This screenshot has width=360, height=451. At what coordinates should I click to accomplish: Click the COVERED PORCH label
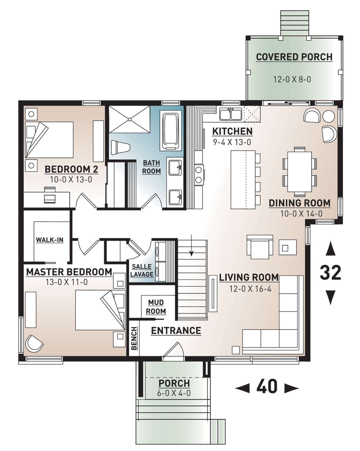pyautogui.click(x=294, y=57)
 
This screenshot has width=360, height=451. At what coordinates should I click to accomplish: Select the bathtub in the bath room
pyautogui.click(x=170, y=130)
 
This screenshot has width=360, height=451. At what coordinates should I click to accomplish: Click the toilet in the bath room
pyautogui.click(x=120, y=148)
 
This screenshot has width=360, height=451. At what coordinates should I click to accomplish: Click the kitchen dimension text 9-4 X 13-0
pyautogui.click(x=232, y=142)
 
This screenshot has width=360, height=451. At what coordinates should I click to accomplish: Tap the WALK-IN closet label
pyautogui.click(x=50, y=240)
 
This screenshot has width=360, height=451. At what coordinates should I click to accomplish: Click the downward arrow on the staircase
pyautogui.click(x=191, y=245)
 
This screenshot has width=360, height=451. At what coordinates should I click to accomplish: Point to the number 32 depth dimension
pyautogui.click(x=330, y=273)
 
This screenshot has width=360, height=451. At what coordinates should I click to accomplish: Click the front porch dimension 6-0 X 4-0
pyautogui.click(x=174, y=393)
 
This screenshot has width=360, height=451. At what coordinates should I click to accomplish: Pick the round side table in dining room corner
pyautogui.click(x=328, y=116)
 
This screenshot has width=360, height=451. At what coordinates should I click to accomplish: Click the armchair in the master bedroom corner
pyautogui.click(x=34, y=343)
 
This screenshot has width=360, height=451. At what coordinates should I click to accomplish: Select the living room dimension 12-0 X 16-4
pyautogui.click(x=250, y=289)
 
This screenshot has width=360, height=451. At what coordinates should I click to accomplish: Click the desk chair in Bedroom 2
pyautogui.click(x=50, y=195)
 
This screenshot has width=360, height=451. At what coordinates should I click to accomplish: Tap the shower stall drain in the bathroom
pyautogui.click(x=130, y=119)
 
